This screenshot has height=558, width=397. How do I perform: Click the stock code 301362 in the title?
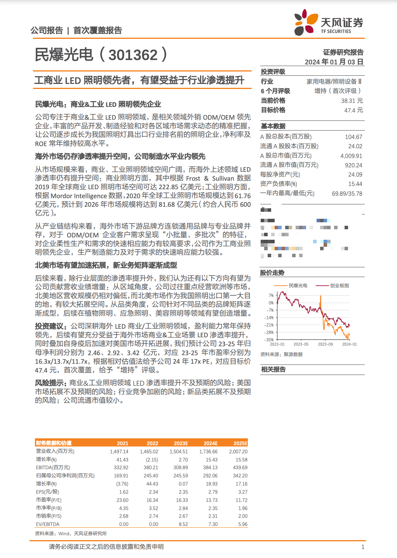tap(133, 55)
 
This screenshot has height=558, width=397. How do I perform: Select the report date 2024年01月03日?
tap(334, 62)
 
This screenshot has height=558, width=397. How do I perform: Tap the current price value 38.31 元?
tap(352, 101)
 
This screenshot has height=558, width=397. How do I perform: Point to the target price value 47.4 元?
tap(353, 110)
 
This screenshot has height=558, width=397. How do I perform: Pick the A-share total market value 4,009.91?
tap(351, 156)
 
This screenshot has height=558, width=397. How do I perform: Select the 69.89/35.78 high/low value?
tap(347, 194)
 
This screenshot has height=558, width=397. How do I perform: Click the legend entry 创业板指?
tap(340, 286)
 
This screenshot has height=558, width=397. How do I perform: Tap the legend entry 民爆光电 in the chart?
tap(298, 286)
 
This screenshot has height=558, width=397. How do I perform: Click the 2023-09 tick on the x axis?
tap(325, 344)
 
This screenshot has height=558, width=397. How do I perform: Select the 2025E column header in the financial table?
tap(240, 443)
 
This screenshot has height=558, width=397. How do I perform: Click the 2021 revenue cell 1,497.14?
tap(119, 452)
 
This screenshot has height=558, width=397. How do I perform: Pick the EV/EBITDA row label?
tap(48, 524)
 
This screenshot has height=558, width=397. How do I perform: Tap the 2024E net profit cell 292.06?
tap(210, 476)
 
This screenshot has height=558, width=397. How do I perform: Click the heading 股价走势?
tap(272, 273)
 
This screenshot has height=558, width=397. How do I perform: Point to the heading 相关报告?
tap(273, 370)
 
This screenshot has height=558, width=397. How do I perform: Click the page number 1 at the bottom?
tap(363, 547)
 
